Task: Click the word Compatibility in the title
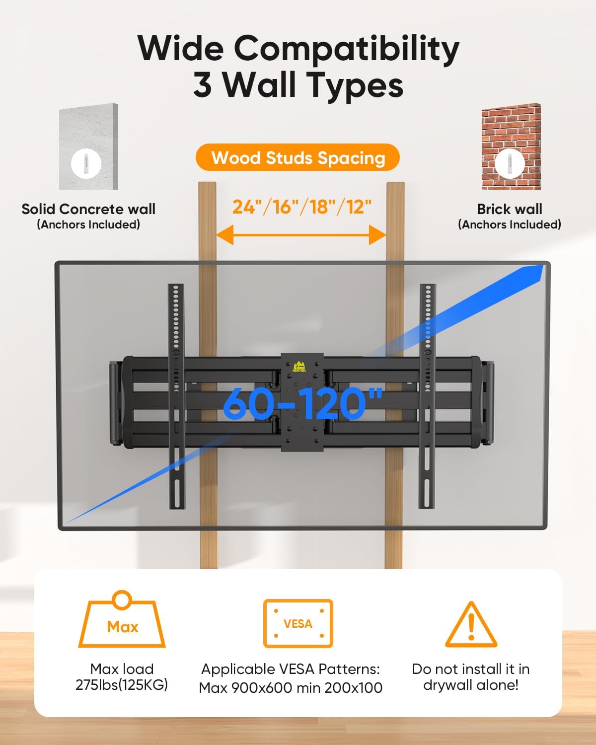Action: (346, 50)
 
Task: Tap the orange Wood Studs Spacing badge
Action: (298, 157)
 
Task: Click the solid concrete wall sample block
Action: (89, 147)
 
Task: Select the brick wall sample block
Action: (511, 147)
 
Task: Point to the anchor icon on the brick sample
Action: (510, 162)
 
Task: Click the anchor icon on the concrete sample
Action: (86, 163)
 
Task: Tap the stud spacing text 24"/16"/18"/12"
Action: (302, 207)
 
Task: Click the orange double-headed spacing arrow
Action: (301, 234)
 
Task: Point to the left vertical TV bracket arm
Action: (175, 395)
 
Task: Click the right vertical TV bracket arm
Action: (427, 395)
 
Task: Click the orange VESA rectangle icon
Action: (298, 623)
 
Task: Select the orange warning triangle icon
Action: (471, 625)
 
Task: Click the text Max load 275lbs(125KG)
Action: (122, 677)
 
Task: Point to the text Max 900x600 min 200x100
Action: (291, 688)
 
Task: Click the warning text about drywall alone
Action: (471, 677)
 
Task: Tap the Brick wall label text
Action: (510, 209)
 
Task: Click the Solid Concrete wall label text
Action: (88, 209)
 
